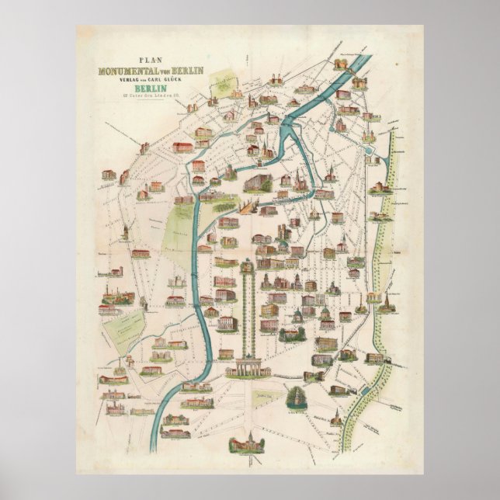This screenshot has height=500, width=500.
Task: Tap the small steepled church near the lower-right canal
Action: (x=386, y=298)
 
